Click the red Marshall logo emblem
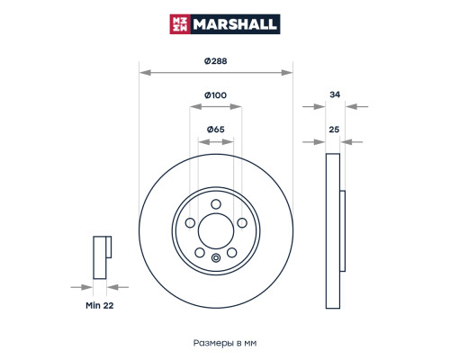pyautogui.click(x=180, y=24)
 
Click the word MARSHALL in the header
pyautogui.click(x=235, y=24)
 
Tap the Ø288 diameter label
pyautogui.click(x=215, y=61)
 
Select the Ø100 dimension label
pyautogui.click(x=215, y=95)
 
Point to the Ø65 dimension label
pyautogui.click(x=215, y=130)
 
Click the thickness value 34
pyautogui.click(x=335, y=94)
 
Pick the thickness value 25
pyautogui.click(x=334, y=130)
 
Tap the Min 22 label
pyautogui.click(x=100, y=305)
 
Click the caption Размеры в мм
pyautogui.click(x=225, y=343)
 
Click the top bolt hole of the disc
pyautogui.click(x=216, y=204)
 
